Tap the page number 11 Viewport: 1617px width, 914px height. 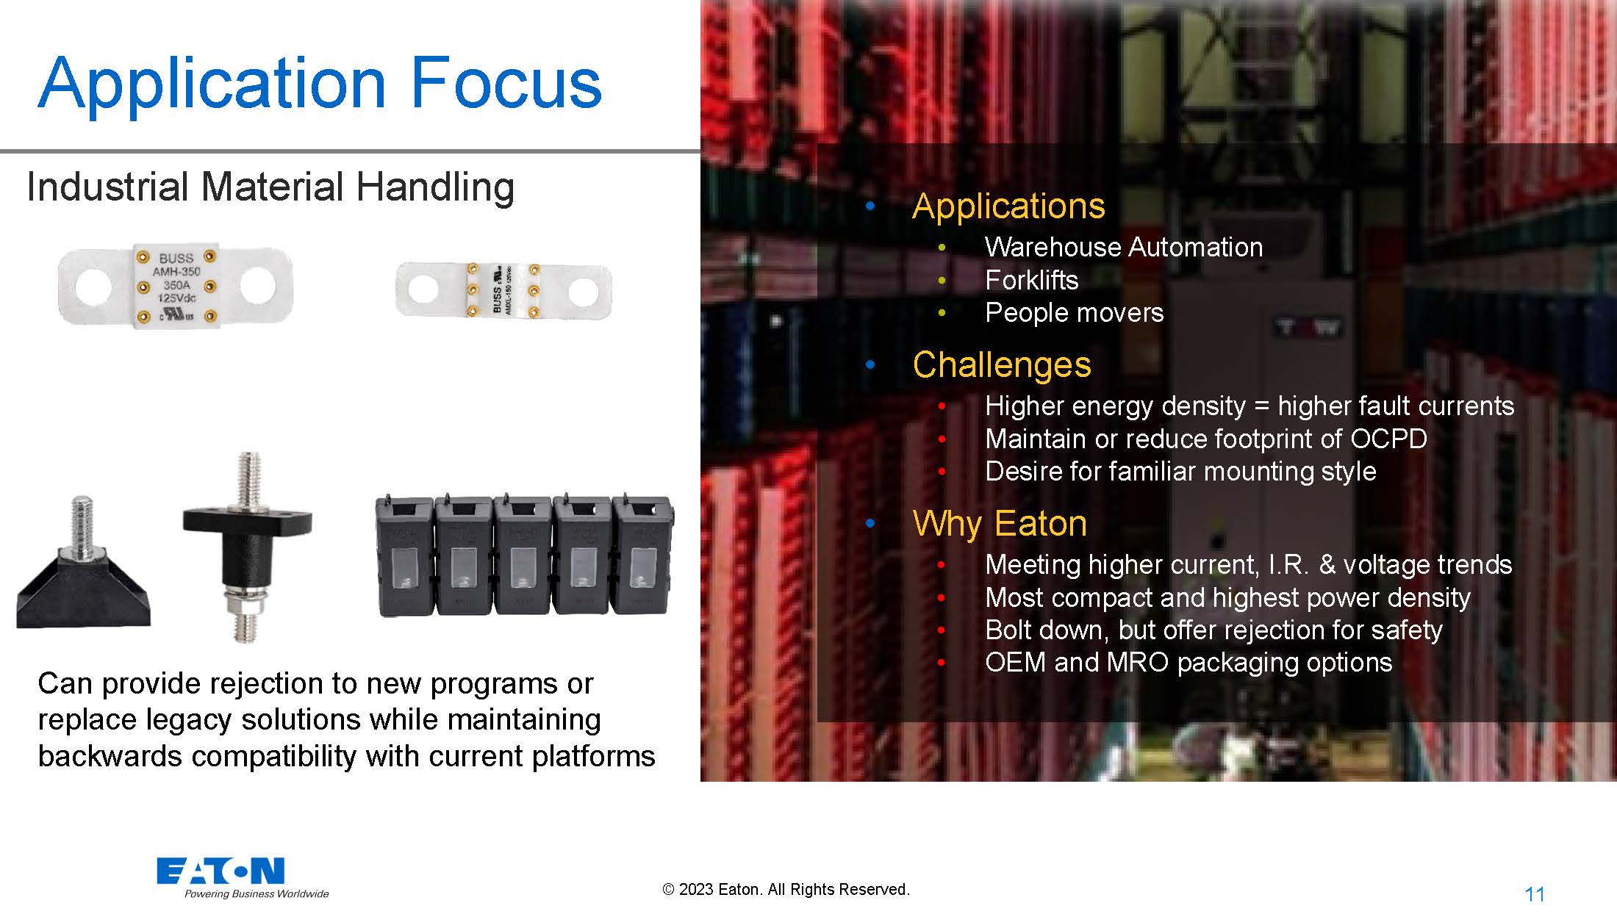click(1535, 894)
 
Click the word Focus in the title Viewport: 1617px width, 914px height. click(506, 82)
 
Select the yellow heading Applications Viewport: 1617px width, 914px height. click(1008, 206)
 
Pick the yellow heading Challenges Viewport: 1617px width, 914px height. click(1002, 364)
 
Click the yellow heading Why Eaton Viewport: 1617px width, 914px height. click(1000, 524)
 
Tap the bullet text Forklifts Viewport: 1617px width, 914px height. click(1032, 280)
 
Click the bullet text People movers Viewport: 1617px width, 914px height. click(1075, 313)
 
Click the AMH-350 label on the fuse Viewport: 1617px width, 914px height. click(176, 272)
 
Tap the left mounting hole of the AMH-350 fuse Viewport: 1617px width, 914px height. click(93, 287)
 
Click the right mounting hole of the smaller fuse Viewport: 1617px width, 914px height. click(583, 291)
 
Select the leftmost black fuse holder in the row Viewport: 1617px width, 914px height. click(404, 555)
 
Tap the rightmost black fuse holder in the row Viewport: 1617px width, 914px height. click(642, 555)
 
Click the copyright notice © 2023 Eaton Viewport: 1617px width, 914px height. click(786, 889)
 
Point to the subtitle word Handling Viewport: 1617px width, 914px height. click(435, 187)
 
